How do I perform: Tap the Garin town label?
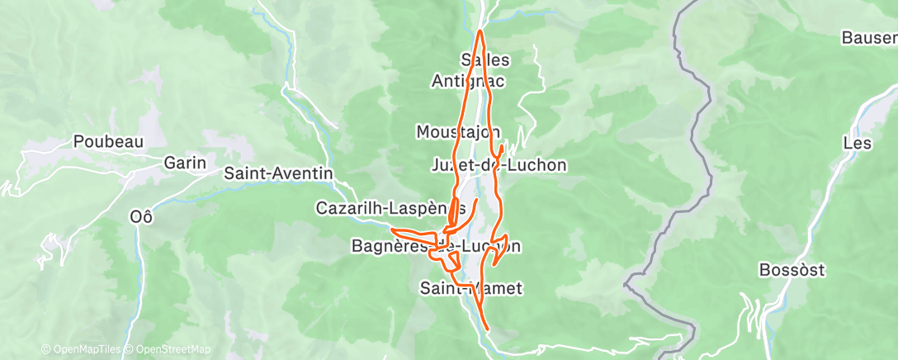coord(184,163)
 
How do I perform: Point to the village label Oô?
coord(142,216)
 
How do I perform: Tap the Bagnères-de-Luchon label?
coord(436,246)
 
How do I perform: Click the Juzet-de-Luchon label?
coord(499,165)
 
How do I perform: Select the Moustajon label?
coord(458,132)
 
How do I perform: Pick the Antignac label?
coord(468,81)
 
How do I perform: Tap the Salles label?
coord(485,60)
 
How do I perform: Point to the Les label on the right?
coord(858,143)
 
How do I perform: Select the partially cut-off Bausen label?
coord(868,38)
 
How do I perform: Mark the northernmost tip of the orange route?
coord(480,31)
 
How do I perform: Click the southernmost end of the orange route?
coord(489,329)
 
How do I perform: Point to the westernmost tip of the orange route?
coord(390,230)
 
